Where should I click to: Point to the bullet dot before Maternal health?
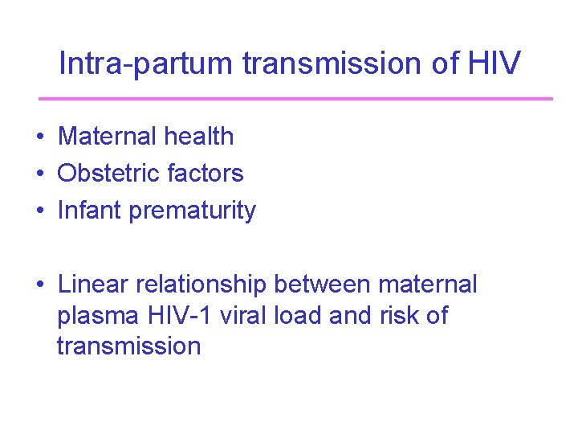[39, 137]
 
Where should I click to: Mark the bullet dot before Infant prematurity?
[39, 211]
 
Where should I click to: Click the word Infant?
[90, 211]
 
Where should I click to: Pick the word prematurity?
[193, 211]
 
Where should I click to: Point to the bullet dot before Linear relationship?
[39, 285]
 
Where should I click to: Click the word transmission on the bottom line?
[128, 346]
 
